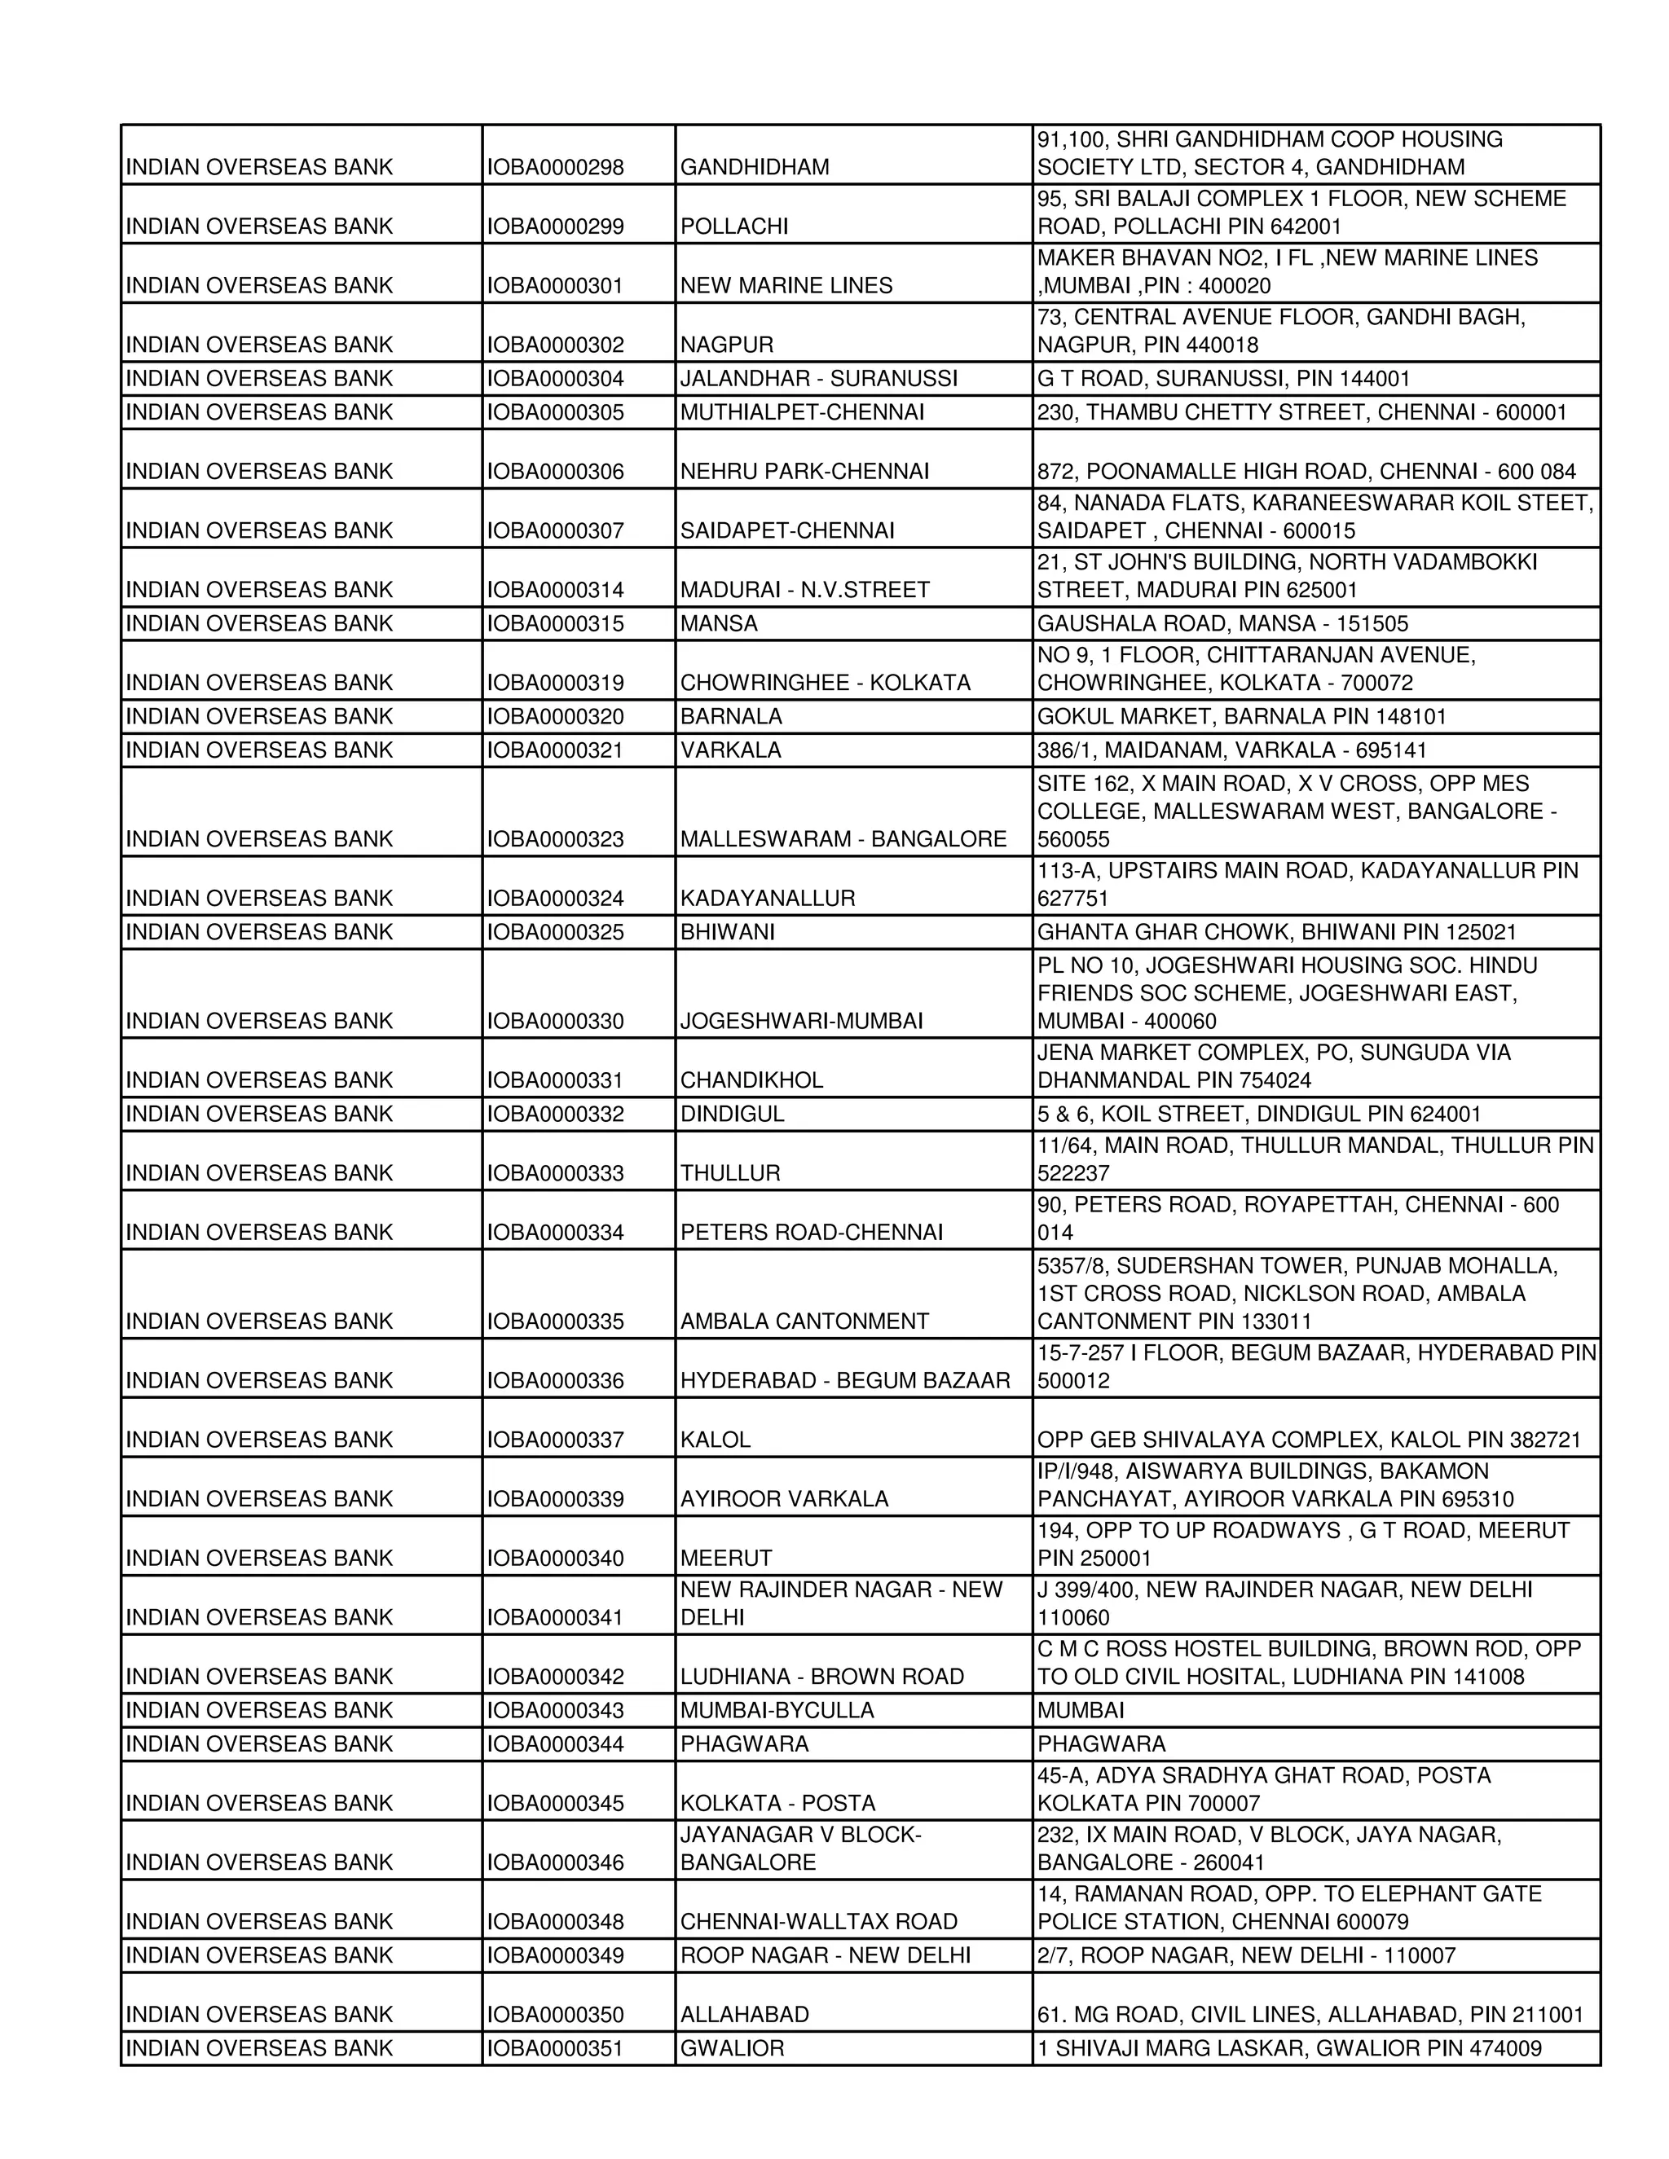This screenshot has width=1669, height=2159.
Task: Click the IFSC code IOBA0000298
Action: [555, 167]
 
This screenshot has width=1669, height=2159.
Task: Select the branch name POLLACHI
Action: [733, 226]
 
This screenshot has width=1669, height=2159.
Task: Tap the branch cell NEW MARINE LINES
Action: [786, 286]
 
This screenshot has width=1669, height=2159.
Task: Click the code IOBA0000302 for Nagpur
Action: [555, 345]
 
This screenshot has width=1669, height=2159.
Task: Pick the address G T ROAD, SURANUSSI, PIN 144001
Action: [1223, 379]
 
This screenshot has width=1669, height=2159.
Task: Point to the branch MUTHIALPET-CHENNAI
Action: [802, 412]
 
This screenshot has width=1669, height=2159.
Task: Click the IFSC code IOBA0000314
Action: [555, 590]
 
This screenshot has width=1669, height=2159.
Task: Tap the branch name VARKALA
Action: [731, 750]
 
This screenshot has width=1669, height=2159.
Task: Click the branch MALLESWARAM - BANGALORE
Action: [843, 839]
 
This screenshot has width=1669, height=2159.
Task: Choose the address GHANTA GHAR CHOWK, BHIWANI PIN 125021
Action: [1275, 932]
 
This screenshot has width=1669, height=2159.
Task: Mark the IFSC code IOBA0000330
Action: [555, 1021]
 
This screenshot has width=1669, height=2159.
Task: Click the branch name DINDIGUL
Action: [732, 1114]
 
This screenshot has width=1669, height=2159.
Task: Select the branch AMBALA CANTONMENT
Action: [804, 1321]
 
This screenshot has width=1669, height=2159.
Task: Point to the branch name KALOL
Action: [715, 1440]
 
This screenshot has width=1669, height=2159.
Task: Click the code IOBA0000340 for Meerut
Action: [555, 1559]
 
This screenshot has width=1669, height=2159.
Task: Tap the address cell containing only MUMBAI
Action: [1080, 1711]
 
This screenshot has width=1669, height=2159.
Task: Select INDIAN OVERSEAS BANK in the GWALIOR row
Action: [259, 2049]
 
